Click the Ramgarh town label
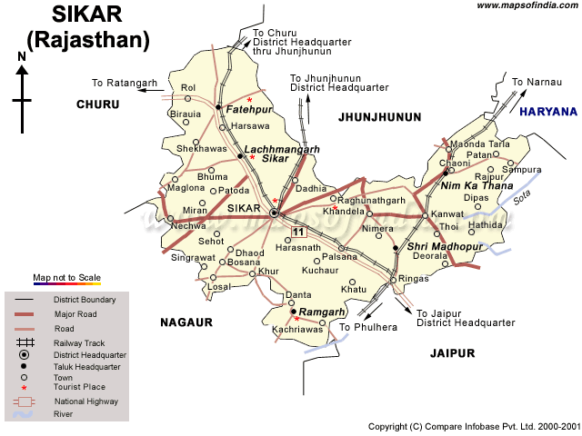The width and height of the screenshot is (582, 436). (x=325, y=312)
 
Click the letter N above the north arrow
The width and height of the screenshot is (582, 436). (x=22, y=57)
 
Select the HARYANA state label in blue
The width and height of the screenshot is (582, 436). (x=548, y=112)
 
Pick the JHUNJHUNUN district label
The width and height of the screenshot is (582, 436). (x=380, y=117)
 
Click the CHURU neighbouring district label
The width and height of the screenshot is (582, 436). (x=98, y=104)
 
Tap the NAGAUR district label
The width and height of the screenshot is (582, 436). (x=186, y=322)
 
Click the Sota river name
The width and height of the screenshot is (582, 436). (x=521, y=196)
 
